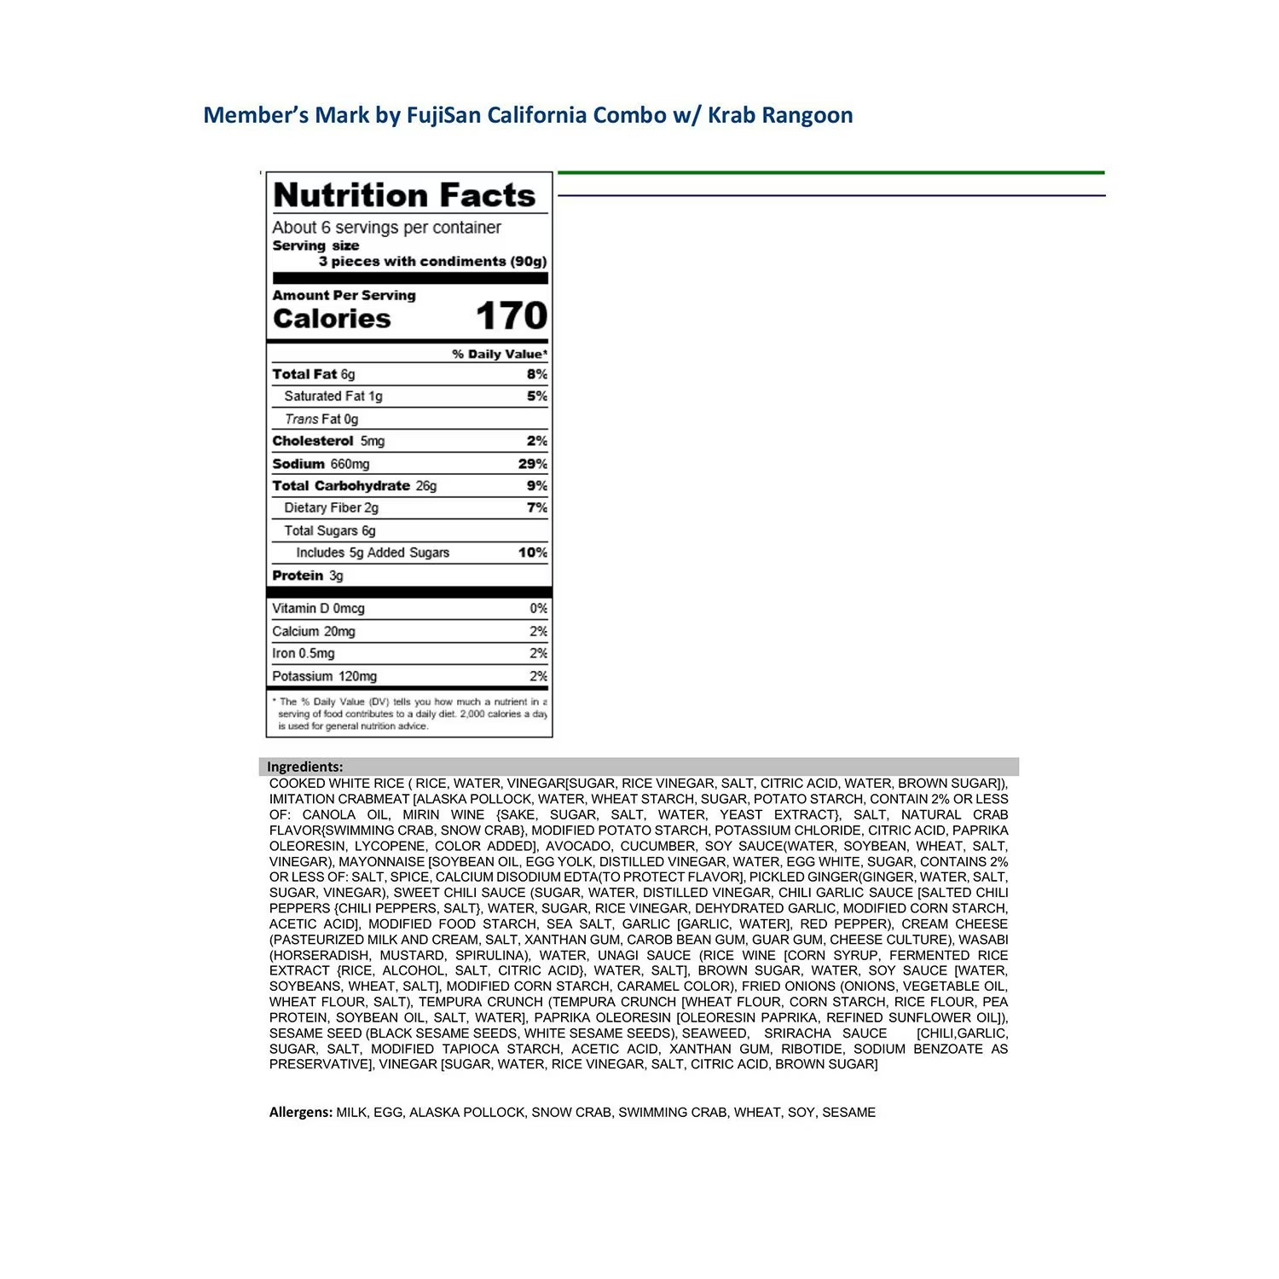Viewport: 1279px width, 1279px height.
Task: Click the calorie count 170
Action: [x=511, y=316]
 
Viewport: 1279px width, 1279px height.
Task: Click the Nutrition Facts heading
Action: [x=404, y=195]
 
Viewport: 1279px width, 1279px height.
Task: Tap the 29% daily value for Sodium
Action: [x=533, y=464]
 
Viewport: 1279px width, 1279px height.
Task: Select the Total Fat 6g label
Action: [x=314, y=374]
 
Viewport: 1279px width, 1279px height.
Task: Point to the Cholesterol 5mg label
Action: [x=328, y=441]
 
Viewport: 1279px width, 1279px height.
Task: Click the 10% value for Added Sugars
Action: [x=533, y=553]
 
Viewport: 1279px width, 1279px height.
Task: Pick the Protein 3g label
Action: [x=308, y=576]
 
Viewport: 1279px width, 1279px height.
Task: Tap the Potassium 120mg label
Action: [x=324, y=676]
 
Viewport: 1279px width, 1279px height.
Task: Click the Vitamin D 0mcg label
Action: [x=318, y=609]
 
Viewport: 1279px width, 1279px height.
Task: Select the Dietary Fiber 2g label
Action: [x=331, y=508]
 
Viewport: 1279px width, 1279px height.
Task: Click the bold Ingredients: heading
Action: [x=305, y=767]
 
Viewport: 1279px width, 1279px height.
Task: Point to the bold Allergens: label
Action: [x=301, y=1112]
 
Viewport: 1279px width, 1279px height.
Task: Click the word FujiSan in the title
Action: [x=443, y=115]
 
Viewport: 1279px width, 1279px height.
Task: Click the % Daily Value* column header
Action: [x=500, y=354]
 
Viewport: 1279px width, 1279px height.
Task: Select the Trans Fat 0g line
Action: [x=321, y=419]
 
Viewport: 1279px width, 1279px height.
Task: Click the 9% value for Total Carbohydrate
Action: [x=537, y=486]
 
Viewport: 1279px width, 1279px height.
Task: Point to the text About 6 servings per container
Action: [x=386, y=228]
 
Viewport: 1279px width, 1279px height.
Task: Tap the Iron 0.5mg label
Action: [x=303, y=653]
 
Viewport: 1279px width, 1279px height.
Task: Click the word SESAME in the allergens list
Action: [x=849, y=1112]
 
